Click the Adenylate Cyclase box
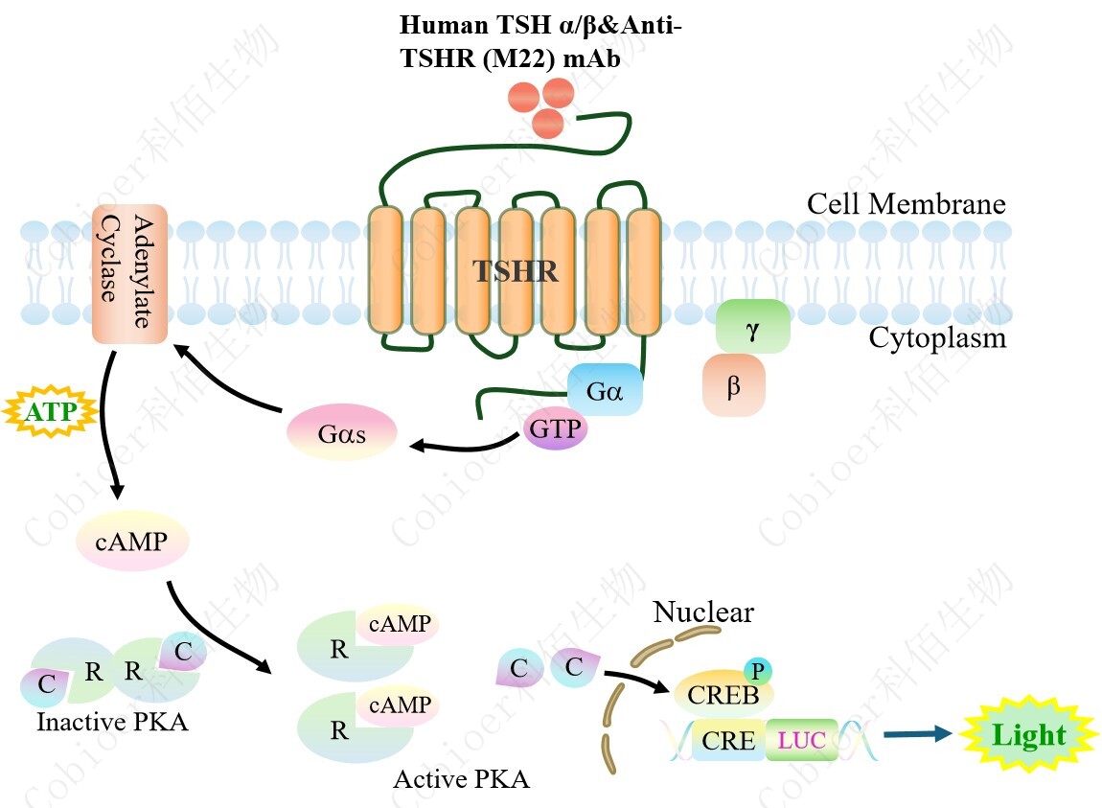[129, 274]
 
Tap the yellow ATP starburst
[51, 413]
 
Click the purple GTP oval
[556, 428]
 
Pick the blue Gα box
[604, 390]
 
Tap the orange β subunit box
[734, 385]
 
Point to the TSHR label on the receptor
[516, 271]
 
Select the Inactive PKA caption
[112, 722]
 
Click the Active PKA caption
[461, 778]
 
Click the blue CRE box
[729, 740]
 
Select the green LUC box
[802, 740]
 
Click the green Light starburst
[1028, 736]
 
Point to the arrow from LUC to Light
[917, 734]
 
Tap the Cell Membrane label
[906, 204]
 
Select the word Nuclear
[703, 612]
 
